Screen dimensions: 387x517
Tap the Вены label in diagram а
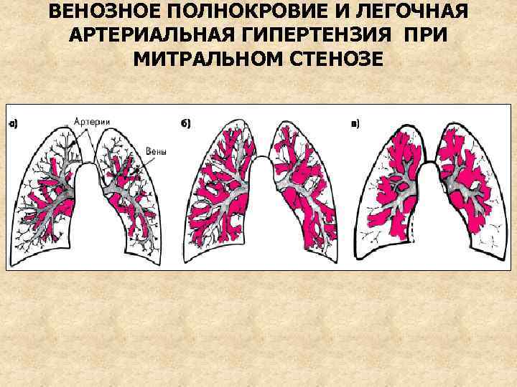click(156, 151)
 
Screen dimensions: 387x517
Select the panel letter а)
click(12, 125)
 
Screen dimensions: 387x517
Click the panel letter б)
click(185, 124)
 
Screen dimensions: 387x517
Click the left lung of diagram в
click(391, 190)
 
